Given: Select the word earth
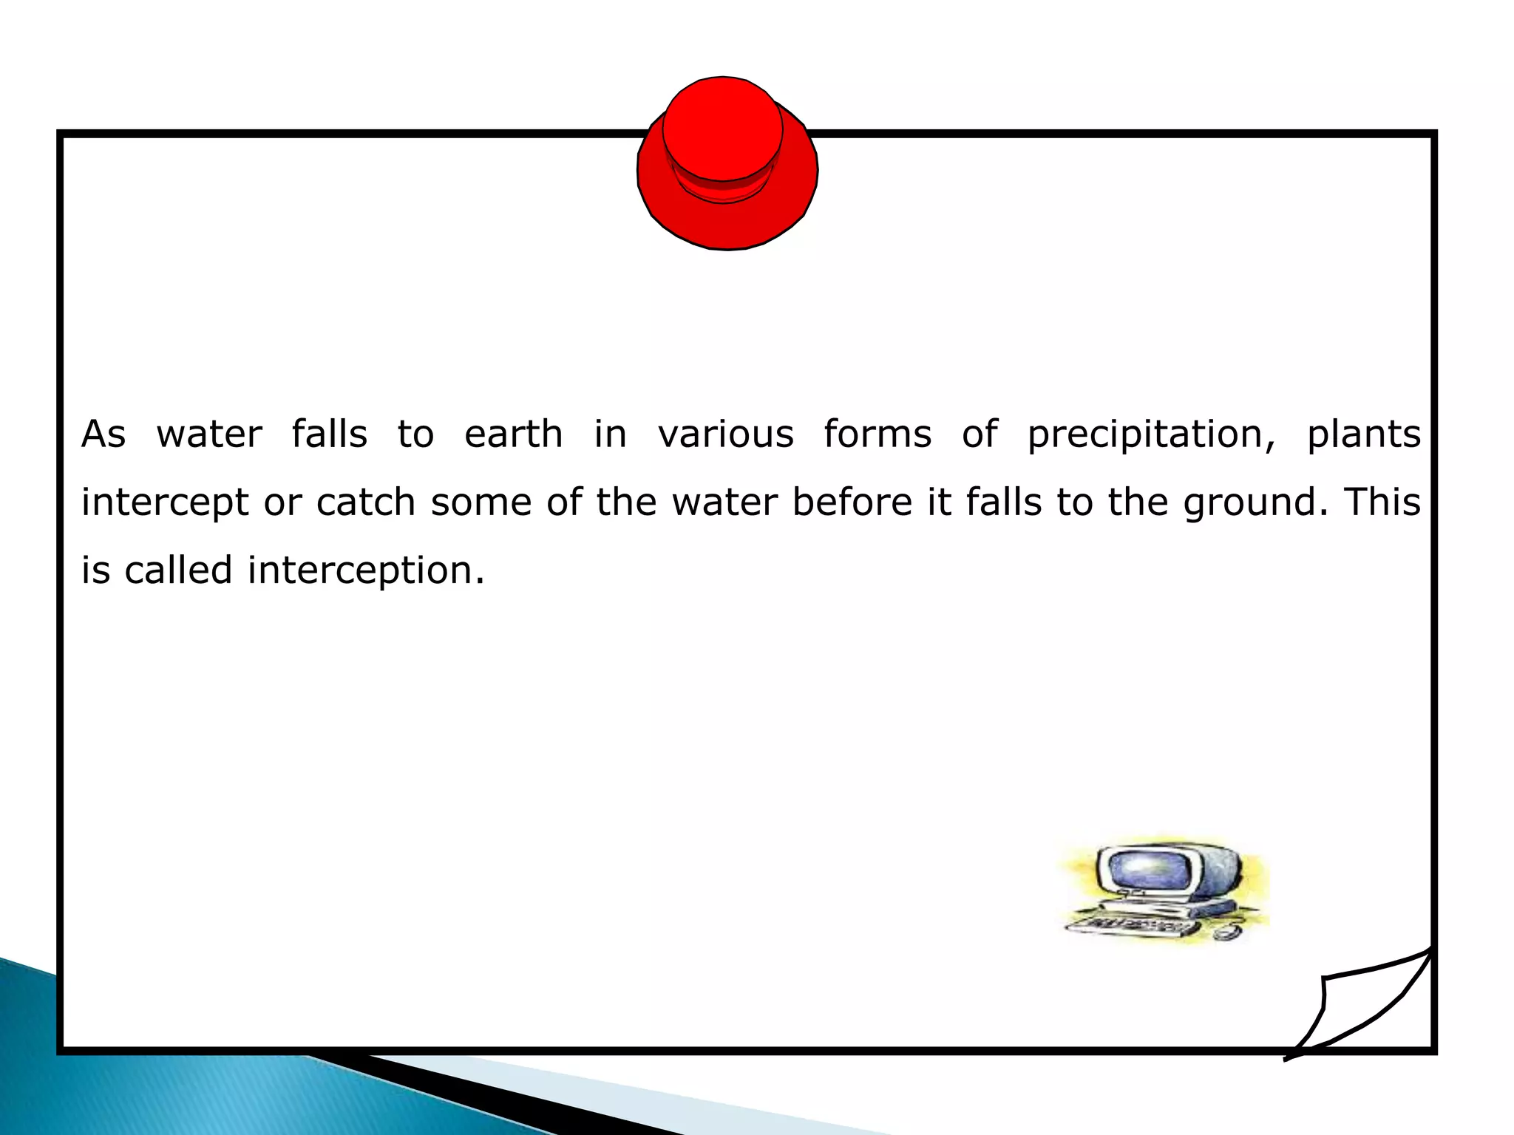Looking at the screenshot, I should (513, 434).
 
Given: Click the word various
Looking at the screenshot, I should (725, 434).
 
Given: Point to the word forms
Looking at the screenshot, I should (877, 434).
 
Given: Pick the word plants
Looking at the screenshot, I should (1363, 434).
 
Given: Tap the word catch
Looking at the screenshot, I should (365, 502).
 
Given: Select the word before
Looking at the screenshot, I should (852, 502).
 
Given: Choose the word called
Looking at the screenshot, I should (178, 570).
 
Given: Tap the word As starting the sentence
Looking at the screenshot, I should (103, 434).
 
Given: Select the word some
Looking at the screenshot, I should (481, 502).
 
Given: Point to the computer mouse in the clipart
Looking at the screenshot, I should (1223, 933).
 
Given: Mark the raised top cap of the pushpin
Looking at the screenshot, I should (722, 129).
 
